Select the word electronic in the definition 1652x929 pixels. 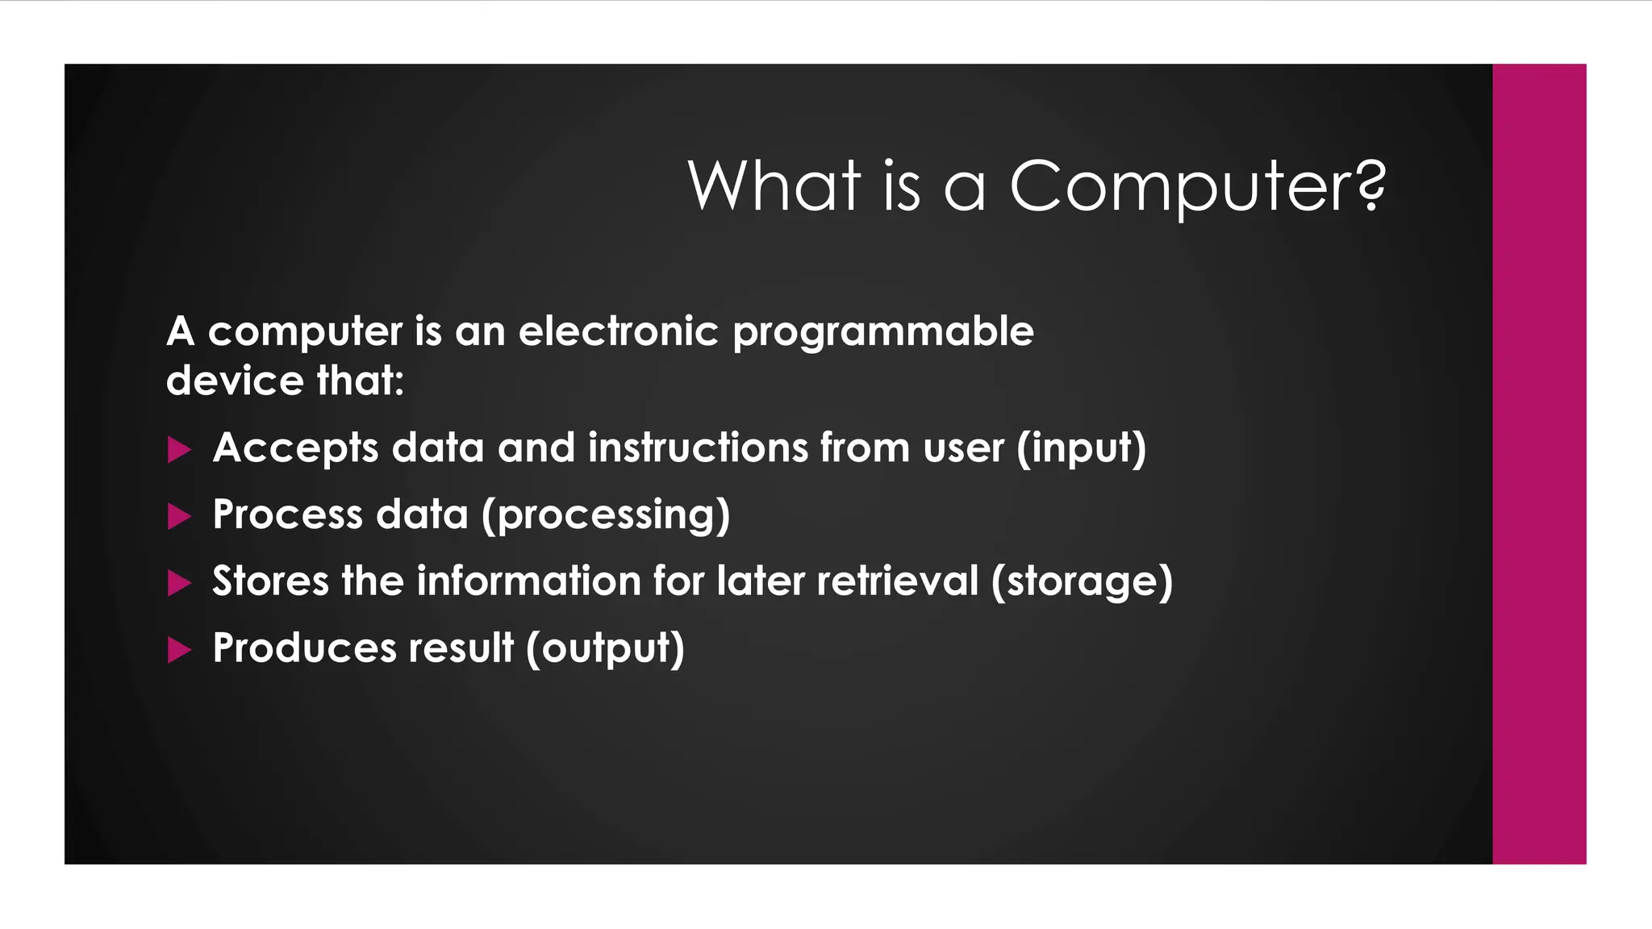618,331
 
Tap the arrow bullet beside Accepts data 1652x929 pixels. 179,449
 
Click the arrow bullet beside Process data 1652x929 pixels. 179,516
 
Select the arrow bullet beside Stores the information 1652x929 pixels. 179,583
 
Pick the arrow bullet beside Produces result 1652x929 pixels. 179,650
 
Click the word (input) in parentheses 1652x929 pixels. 1081,448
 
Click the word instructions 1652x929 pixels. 698,448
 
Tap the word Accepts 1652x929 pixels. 295,448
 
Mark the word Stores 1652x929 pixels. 270,581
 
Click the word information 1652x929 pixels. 528,581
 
